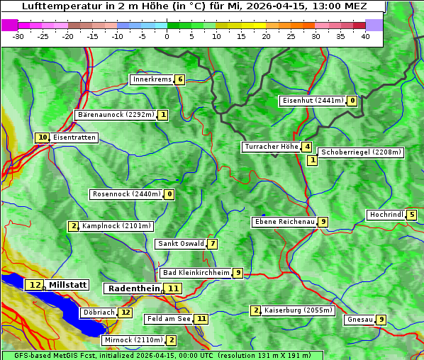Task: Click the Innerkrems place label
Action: tap(152, 79)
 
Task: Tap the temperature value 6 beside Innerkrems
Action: tap(180, 79)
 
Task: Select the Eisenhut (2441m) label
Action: tap(313, 101)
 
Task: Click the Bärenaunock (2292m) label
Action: tap(116, 115)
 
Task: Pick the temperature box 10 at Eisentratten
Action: tap(43, 137)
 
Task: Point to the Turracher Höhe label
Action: tap(271, 147)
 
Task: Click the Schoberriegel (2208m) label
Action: tap(361, 152)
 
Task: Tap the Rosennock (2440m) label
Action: tap(125, 194)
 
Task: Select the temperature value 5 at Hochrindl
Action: tap(411, 215)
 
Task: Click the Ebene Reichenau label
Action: tap(284, 222)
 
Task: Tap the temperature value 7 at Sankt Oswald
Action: tap(212, 244)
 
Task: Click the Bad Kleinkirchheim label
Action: tap(196, 273)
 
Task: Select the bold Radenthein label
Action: tap(134, 288)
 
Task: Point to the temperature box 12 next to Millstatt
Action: tap(35, 285)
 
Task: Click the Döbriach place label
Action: tap(98, 312)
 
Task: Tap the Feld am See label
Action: tap(169, 319)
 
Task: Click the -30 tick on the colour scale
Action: tap(18, 36)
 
